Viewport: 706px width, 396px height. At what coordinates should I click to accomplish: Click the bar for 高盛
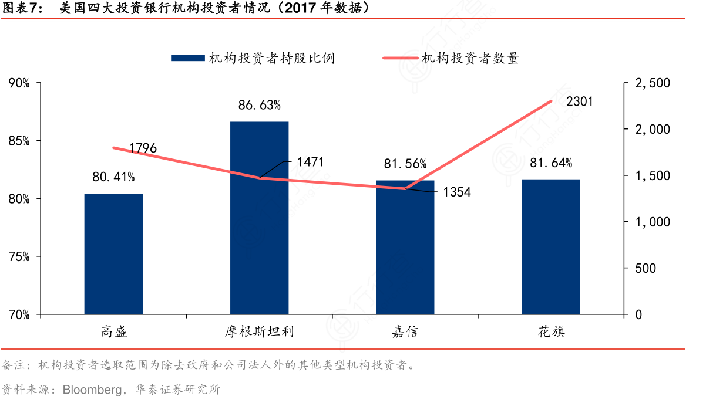(x=113, y=254)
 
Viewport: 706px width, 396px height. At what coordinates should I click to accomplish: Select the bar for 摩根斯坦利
(x=259, y=218)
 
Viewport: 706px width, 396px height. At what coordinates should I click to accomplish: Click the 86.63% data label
(x=259, y=106)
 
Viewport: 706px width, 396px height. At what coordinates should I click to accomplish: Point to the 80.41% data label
(x=113, y=177)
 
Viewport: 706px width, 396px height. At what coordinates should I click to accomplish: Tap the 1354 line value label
(x=456, y=192)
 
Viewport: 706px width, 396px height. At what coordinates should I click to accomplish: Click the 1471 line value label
(x=310, y=162)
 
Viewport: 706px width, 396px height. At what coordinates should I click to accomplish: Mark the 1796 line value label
(x=143, y=148)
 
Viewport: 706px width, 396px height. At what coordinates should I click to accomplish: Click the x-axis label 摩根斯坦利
(x=259, y=332)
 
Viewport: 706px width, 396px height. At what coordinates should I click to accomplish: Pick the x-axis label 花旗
(x=551, y=332)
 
